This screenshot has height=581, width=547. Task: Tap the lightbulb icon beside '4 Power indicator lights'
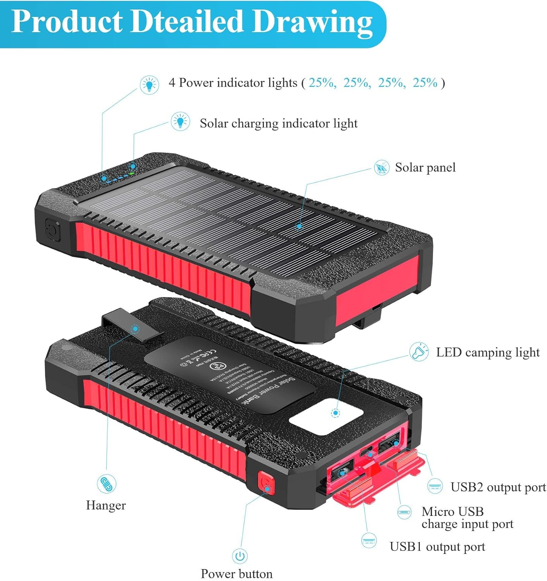pos(149,84)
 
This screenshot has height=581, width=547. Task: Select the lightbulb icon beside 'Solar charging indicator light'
pos(180,121)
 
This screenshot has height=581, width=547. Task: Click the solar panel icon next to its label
pos(381,167)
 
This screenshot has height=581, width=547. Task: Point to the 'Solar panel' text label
pos(425,168)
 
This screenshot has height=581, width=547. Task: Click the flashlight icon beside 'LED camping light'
pos(419,352)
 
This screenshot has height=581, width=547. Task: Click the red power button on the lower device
pos(266,483)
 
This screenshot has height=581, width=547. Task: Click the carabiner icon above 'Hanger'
pos(106,484)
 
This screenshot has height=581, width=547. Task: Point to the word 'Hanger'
pos(106,505)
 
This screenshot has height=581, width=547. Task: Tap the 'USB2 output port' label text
pos(498,487)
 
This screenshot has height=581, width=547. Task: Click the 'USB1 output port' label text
pos(437,547)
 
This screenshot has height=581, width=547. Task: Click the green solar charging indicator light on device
pos(133,167)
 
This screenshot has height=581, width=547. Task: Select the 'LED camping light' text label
pos(488,352)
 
